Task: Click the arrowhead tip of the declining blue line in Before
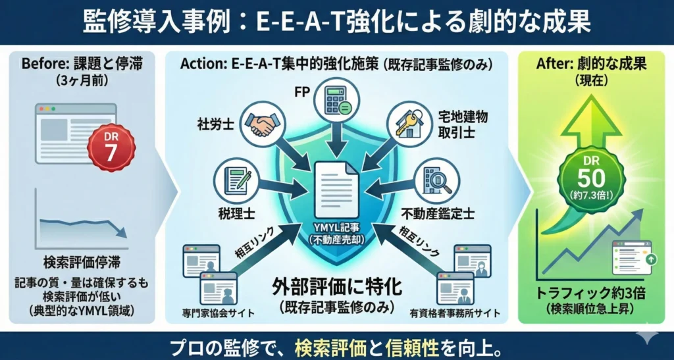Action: point(126,237)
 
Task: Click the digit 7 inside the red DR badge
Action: point(111,153)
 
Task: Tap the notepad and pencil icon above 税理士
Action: point(235,180)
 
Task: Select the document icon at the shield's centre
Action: point(336,191)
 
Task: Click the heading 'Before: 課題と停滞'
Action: point(82,64)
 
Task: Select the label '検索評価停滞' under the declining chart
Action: point(82,262)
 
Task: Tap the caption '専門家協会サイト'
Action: point(219,313)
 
